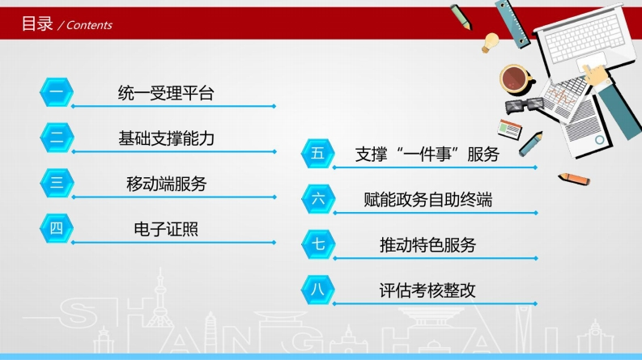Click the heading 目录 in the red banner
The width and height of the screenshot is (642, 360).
pos(37,23)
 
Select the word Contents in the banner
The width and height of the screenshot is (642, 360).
pos(89,25)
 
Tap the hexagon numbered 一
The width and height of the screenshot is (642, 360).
pos(57,92)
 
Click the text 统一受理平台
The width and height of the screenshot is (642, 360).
pos(166,93)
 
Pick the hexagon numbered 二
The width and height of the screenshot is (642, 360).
pos(57,138)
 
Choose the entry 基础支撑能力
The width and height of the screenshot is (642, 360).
pos(166,138)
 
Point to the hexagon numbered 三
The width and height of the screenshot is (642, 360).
pos(57,183)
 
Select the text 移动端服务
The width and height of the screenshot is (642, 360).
pos(166,184)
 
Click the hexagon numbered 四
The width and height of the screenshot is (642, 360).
pos(57,228)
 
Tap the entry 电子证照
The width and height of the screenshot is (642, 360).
pos(166,229)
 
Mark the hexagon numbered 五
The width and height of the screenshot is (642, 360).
pos(317,154)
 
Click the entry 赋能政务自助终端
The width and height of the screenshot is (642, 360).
pos(427,200)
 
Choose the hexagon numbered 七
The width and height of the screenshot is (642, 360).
pos(317,244)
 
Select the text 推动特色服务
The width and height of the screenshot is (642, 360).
pos(427,245)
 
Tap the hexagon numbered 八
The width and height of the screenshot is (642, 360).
pos(317,290)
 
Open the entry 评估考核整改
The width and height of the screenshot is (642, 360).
pos(427,290)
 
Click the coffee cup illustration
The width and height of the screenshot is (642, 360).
pos(516,79)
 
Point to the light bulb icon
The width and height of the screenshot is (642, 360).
pos(490,43)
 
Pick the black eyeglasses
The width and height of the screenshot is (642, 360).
pos(524,104)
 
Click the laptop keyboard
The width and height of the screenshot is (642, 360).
pos(585,37)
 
